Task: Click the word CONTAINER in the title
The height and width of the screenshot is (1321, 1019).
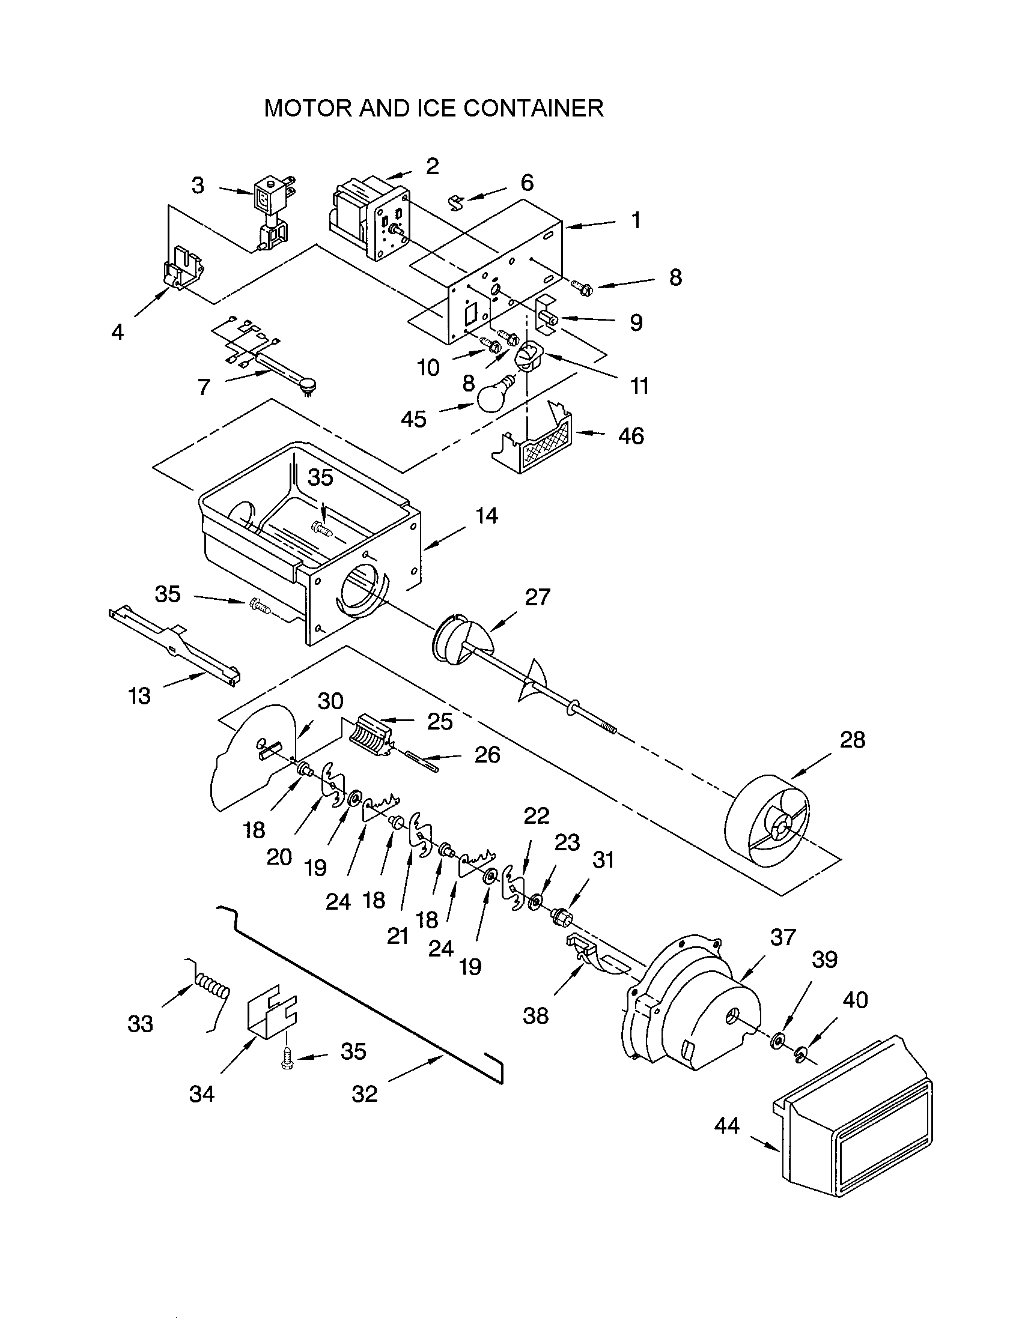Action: tap(533, 108)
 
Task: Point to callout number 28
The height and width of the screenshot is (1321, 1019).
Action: tap(852, 740)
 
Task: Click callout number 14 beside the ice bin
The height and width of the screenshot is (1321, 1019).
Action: tap(486, 516)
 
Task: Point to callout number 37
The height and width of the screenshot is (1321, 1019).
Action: tap(782, 937)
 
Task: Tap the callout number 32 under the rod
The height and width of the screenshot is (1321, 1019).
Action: tap(364, 1093)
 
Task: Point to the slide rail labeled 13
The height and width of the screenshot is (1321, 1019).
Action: tap(175, 647)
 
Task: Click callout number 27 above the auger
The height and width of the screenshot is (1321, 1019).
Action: tap(537, 597)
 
